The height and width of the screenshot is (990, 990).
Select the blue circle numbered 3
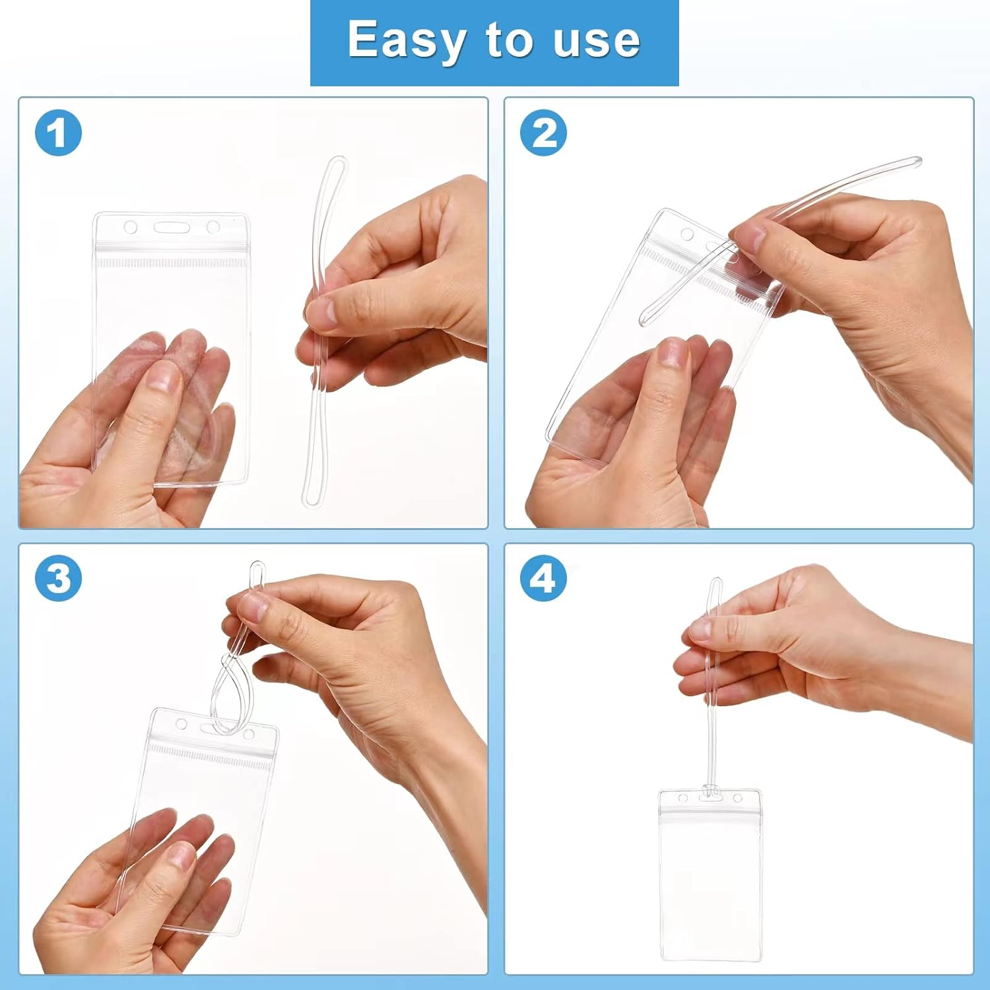click(58, 579)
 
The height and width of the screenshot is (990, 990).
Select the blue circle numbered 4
click(544, 579)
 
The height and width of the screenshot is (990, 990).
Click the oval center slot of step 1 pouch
click(172, 228)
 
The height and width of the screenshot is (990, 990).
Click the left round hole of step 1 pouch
click(131, 228)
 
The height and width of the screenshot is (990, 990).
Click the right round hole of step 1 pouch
click(213, 228)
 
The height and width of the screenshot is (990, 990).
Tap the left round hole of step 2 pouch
click(687, 234)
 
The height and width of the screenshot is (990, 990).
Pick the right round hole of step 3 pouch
click(249, 734)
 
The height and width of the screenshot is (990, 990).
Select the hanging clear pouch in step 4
click(709, 878)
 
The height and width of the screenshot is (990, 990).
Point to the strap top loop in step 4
click(715, 587)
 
